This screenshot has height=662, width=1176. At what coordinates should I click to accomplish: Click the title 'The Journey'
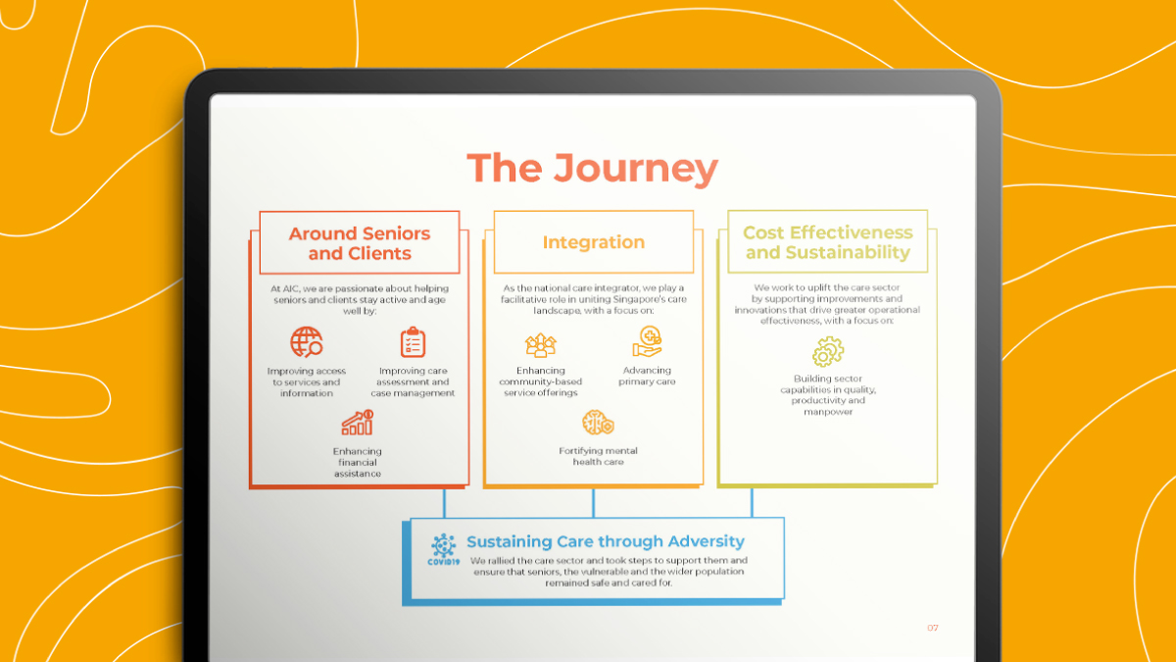tap(592, 169)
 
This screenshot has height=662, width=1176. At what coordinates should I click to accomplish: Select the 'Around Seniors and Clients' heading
tap(360, 243)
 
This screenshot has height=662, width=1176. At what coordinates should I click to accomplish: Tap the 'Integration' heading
tap(593, 242)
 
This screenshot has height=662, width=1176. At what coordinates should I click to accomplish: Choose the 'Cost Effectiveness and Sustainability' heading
tap(828, 242)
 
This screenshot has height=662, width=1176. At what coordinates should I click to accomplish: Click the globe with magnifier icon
tap(307, 342)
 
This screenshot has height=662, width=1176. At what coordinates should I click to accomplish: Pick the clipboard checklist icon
tap(414, 342)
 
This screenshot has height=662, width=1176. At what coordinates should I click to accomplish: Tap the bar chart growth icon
tap(358, 423)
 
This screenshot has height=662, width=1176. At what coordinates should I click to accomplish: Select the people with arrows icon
tap(540, 345)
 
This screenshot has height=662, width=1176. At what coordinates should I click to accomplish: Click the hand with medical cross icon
tap(647, 341)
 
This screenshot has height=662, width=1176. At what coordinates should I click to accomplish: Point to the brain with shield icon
tap(598, 423)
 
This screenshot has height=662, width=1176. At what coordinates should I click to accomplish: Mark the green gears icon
tap(828, 351)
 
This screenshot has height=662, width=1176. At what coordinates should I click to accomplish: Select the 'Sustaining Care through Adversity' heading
tap(606, 541)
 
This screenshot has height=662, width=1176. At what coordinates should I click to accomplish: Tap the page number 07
tap(932, 628)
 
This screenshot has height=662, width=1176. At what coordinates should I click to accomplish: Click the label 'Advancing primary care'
tap(647, 377)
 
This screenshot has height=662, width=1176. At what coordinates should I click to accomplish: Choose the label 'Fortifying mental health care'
tap(598, 457)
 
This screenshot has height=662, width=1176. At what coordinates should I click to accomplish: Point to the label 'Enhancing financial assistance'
tap(358, 462)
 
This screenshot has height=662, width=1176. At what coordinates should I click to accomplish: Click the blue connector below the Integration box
tap(593, 503)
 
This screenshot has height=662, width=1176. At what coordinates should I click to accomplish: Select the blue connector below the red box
tap(444, 503)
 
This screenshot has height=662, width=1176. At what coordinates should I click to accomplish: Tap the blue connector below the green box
tap(752, 503)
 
